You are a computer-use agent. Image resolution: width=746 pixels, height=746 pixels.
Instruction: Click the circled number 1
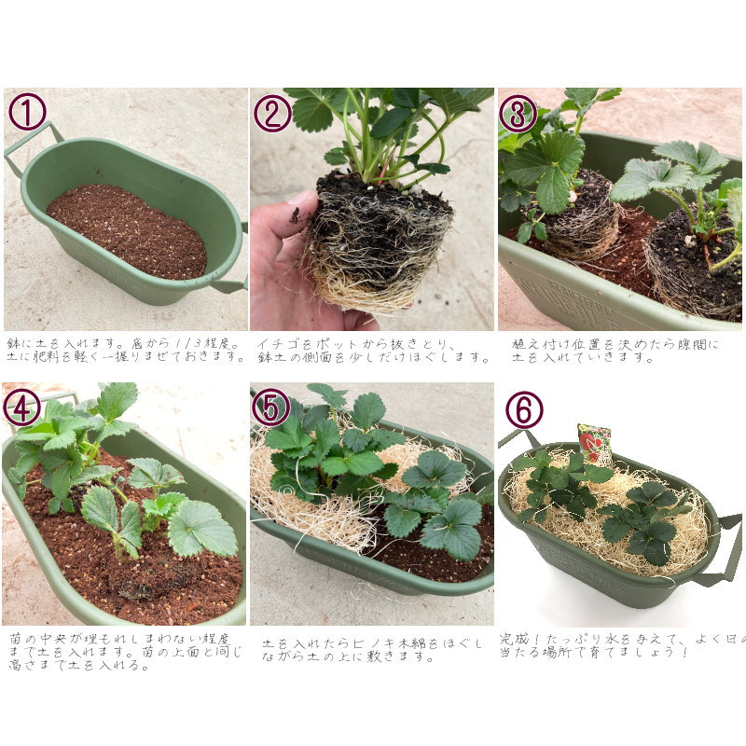coord(27,112)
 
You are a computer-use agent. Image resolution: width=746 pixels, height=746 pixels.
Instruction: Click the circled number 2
coord(272,113)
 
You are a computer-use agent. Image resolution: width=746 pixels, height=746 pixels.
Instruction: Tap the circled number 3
coord(518,113)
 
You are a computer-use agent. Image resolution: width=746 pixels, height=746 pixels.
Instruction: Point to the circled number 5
coord(270,408)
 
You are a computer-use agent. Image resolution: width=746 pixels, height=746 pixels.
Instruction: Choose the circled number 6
coord(524,409)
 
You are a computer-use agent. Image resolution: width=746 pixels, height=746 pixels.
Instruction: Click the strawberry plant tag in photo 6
coord(594,442)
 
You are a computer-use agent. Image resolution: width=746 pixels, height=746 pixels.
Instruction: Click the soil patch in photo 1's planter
coord(127,231)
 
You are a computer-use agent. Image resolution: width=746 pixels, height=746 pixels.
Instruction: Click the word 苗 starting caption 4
coord(15,639)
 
